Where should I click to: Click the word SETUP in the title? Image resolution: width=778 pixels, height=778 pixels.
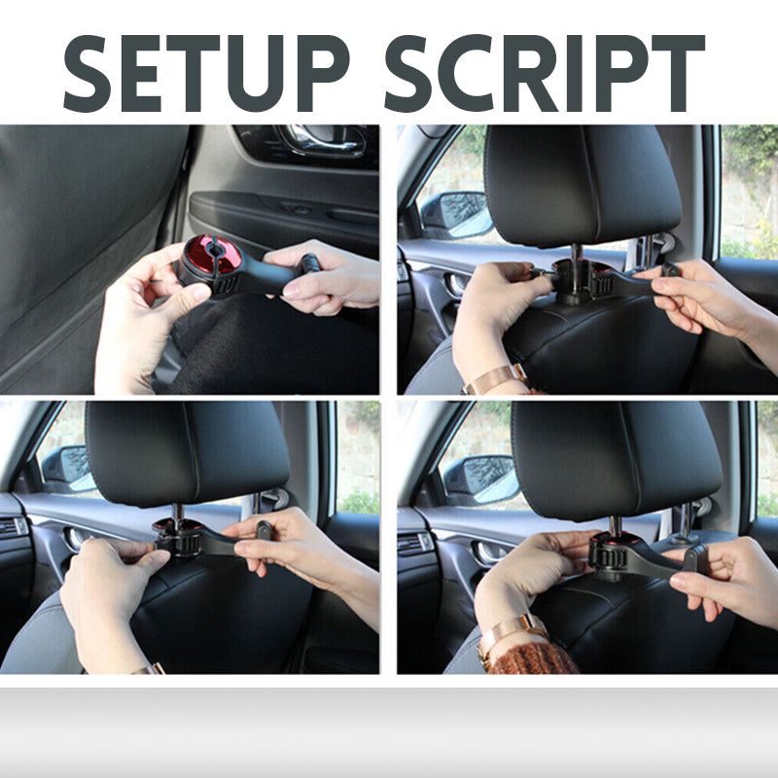pos(206,74)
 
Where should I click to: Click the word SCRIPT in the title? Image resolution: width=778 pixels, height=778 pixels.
pos(545,74)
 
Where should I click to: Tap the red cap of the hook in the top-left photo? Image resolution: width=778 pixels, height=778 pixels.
pos(212,256)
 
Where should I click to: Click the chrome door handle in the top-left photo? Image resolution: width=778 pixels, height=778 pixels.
pos(322,140)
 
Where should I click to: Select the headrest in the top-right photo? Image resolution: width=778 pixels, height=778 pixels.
pos(582,185)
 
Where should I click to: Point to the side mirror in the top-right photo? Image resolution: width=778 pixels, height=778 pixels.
pos(455,215)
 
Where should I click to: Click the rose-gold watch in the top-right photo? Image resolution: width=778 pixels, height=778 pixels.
pos(495,378)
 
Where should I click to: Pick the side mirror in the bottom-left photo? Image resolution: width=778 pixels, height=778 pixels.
pos(68,469)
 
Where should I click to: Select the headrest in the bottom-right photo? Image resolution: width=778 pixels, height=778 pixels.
pos(617,459)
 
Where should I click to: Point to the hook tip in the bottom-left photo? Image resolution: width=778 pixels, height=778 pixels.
pos(263,530)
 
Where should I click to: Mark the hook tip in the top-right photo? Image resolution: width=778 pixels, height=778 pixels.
pos(670,270)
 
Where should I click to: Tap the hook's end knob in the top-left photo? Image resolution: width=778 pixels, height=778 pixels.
pos(308,262)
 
